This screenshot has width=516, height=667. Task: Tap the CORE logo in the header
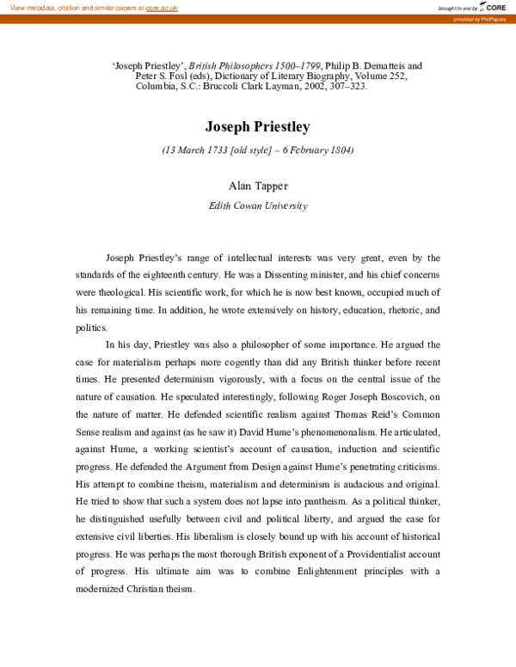[x=494, y=7]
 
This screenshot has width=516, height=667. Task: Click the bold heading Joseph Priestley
[x=257, y=127]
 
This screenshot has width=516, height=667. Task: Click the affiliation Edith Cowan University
[x=257, y=205]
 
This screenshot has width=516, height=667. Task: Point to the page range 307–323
[x=322, y=86]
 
